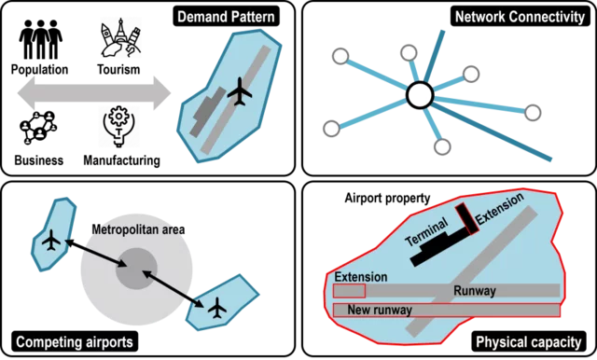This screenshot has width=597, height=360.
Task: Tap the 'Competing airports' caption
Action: pos(75,342)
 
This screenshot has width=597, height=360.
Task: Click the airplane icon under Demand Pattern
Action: pos(240,91)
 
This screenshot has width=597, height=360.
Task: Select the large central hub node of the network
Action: pos(420,94)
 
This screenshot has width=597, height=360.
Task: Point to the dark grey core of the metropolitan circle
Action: pos(137,270)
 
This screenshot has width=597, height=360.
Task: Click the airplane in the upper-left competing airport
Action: pos(51,241)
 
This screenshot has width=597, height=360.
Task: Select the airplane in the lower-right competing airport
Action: pos(217,306)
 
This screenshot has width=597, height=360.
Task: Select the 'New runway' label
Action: pos(377,310)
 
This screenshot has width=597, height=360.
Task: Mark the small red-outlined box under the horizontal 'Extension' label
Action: pos(350,292)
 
